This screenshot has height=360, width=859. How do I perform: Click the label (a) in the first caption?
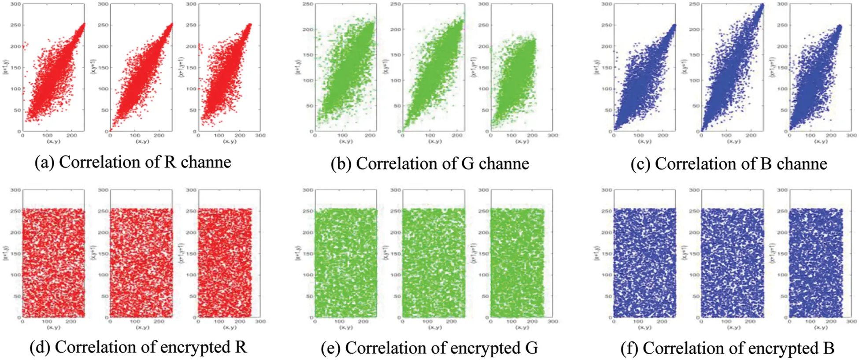[x=44, y=162]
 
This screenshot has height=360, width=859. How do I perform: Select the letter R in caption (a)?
[x=170, y=162]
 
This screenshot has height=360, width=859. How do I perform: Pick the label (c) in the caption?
[x=640, y=163]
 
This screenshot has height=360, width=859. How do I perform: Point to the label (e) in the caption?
[x=330, y=348]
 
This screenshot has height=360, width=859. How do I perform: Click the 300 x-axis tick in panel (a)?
[x=260, y=136]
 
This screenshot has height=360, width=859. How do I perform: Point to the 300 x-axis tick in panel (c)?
[x=852, y=136]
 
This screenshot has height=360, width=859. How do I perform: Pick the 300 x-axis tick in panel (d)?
[x=260, y=322]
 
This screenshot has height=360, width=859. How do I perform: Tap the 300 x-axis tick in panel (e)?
[x=553, y=322]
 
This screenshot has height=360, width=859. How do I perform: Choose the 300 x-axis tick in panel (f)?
[x=852, y=322]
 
